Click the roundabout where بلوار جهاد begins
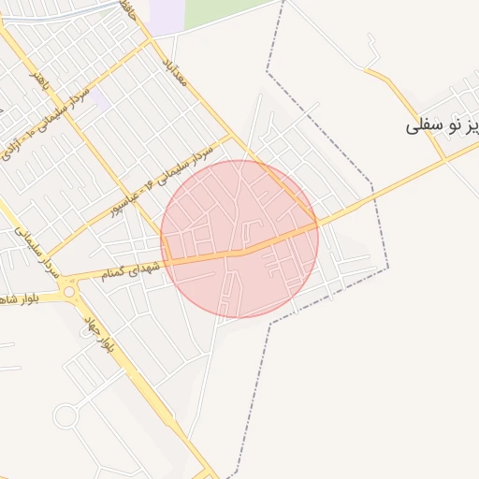70,292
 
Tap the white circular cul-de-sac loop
65,416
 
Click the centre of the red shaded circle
239,239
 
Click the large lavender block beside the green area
167,16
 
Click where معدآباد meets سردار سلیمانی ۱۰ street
151,41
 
